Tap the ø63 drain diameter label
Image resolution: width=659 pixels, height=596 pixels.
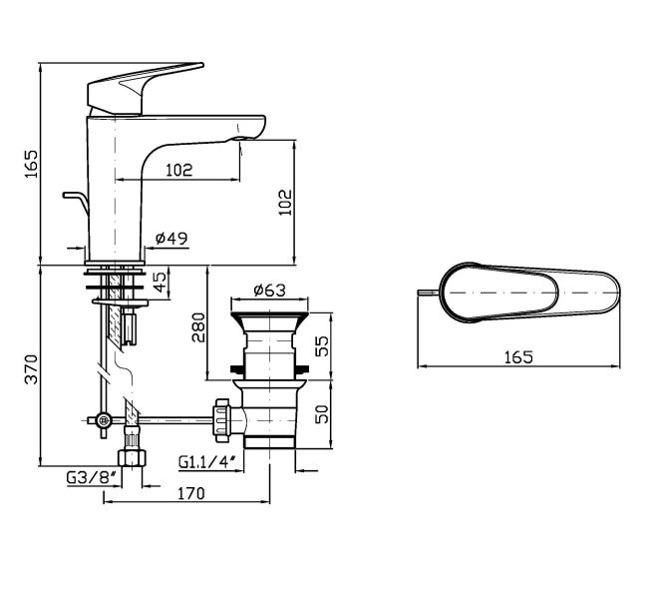coord(269,291)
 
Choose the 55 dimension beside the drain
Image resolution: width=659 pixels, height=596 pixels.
coord(320,345)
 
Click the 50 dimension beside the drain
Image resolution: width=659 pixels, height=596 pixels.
coord(320,413)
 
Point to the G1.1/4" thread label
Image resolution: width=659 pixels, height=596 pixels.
coord(206,461)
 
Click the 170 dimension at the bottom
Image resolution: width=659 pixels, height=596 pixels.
coord(190,492)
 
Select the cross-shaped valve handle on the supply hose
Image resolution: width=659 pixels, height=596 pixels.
coord(103,421)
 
